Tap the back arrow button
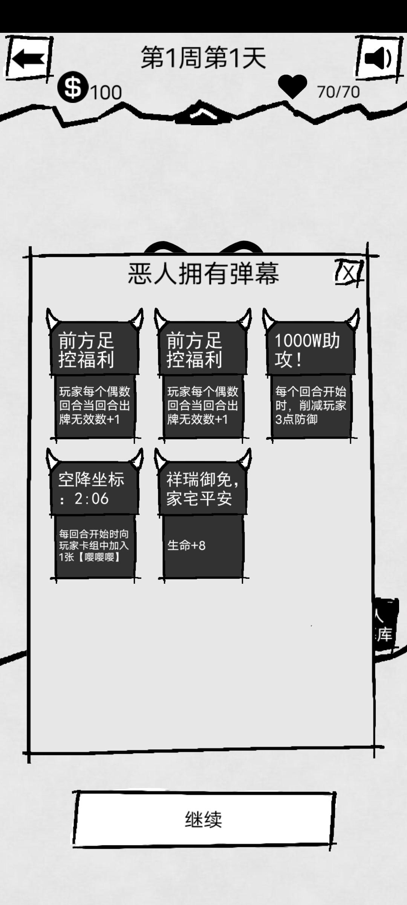click(x=28, y=59)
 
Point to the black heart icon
click(x=292, y=86)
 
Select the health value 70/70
click(x=338, y=92)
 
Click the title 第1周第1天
click(x=203, y=58)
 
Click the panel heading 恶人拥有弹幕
click(x=203, y=273)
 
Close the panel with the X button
click(x=349, y=272)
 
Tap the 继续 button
click(x=203, y=819)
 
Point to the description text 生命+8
click(x=187, y=546)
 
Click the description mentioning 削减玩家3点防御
click(x=310, y=405)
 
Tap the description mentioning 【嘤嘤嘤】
click(x=94, y=545)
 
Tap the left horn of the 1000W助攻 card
click(x=269, y=319)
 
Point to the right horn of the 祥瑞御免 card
click(x=245, y=459)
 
